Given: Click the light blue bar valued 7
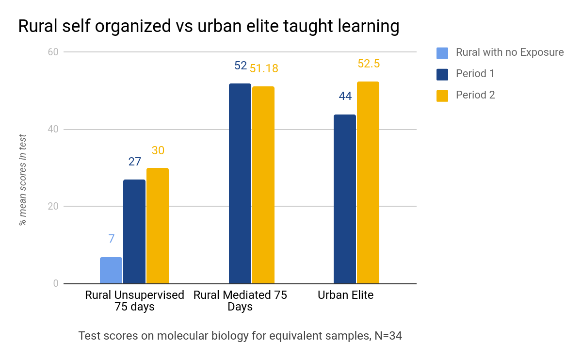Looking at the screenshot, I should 111,270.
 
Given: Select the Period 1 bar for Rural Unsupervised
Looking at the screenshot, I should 134,231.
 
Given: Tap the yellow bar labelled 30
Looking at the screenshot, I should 158,226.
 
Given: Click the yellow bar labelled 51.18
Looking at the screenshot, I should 263,185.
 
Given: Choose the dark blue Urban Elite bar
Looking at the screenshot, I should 345,199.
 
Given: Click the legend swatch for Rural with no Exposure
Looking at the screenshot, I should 442,52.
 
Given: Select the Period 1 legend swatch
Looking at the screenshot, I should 442,74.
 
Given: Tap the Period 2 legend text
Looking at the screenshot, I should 475,95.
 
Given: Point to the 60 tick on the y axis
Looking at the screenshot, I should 52,52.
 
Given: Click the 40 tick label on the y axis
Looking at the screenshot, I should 52,130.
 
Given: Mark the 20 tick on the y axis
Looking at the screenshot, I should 52,206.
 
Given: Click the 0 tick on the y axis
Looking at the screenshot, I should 55,283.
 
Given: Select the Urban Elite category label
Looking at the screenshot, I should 345,295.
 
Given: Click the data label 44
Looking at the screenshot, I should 345,96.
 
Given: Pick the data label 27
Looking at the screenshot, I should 134,162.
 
